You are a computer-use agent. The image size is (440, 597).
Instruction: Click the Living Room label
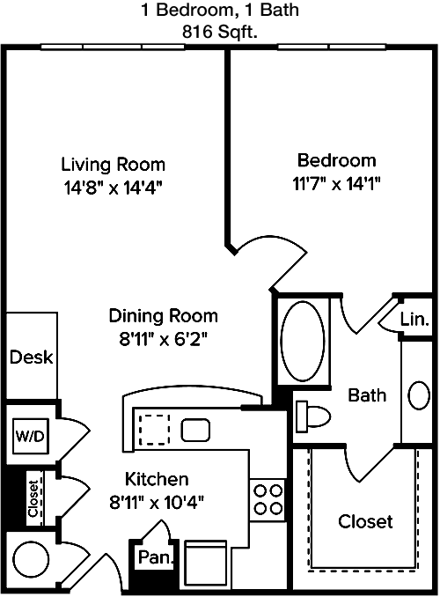(x=114, y=165)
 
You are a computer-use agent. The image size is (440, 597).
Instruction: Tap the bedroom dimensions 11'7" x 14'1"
(x=336, y=184)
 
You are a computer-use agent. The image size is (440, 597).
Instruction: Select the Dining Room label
(x=164, y=315)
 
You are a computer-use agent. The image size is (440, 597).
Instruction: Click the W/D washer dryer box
(x=31, y=436)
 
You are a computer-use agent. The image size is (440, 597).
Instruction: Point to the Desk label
(x=31, y=357)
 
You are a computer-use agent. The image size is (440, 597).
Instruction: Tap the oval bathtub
(x=303, y=340)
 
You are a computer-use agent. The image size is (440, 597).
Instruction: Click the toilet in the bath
(x=313, y=416)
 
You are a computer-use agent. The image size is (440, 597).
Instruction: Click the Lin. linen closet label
(x=414, y=319)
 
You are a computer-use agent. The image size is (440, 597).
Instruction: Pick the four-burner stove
(x=268, y=498)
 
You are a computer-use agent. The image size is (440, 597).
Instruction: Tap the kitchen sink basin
(x=195, y=430)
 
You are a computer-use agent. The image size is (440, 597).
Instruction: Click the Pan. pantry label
(x=156, y=557)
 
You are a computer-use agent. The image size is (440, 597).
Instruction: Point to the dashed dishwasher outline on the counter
(x=155, y=430)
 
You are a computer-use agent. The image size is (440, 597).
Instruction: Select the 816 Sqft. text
(x=220, y=33)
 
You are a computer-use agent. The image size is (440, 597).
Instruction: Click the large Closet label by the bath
(x=365, y=521)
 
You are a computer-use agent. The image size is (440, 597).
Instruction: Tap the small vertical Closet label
(x=33, y=498)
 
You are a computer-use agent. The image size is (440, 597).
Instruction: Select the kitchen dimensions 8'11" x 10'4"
(x=157, y=503)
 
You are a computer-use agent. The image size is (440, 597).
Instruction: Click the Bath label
(x=367, y=395)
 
